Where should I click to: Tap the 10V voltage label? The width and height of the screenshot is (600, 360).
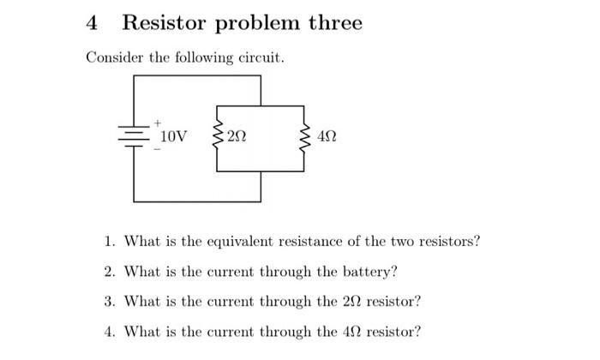click(174, 136)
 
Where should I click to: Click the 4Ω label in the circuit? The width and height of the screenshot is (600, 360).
click(327, 137)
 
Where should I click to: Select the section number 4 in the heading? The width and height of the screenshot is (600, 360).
click(93, 23)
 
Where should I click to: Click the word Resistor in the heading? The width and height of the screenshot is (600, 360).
click(165, 23)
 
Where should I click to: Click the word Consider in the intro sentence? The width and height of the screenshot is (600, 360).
click(112, 58)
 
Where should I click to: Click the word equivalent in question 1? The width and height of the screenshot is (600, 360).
click(233, 242)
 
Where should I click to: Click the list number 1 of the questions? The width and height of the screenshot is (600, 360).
click(110, 242)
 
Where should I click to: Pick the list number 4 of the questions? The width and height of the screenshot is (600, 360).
click(110, 332)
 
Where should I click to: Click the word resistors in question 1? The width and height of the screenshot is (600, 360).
click(449, 242)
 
